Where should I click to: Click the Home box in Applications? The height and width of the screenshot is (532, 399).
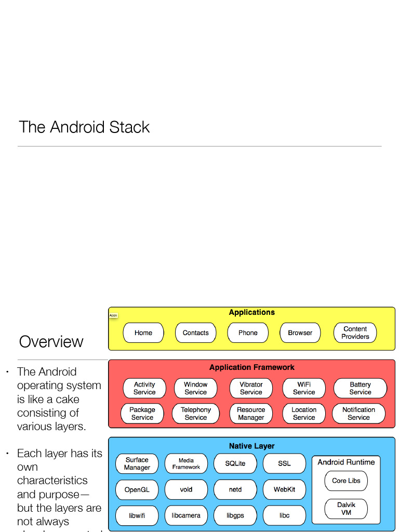pos(143,333)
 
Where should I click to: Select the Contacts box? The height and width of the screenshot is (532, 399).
pos(195,333)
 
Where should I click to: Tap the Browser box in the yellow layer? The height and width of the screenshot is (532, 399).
pos(300,333)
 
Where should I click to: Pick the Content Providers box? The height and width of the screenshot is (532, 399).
pos(355,333)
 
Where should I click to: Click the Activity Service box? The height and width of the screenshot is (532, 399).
pos(144,389)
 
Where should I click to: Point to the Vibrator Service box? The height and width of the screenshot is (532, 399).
pos(251,389)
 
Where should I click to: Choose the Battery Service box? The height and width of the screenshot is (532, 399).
pos(360,389)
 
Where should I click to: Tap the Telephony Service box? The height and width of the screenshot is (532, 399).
pos(196,414)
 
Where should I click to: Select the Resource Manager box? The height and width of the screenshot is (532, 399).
pos(251,414)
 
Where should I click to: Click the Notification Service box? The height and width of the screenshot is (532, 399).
pos(358,414)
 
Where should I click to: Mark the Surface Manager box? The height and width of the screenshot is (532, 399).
pos(137,463)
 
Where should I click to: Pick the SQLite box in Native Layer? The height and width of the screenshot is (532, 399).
pos(235,463)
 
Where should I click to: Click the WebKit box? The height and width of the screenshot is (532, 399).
pos(284,489)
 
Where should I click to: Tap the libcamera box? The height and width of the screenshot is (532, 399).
pos(186,516)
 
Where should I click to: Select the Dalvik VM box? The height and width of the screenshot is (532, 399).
pos(346,509)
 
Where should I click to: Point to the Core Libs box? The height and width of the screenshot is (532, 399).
pos(346,481)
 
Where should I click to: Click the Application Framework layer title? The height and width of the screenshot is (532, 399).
pos(251,367)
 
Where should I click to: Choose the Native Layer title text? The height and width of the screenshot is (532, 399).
pos(251,446)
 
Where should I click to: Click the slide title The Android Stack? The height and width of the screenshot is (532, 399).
pos(84,127)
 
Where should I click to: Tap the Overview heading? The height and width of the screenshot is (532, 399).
pos(51,342)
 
